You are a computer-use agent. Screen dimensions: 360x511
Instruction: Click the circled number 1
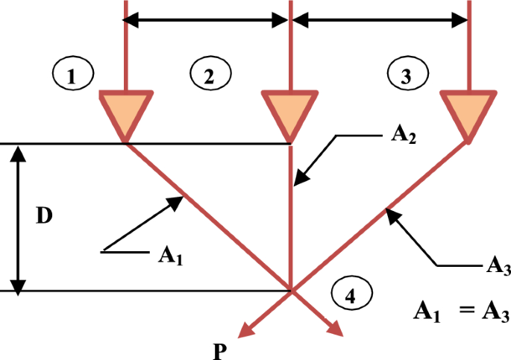(72, 75)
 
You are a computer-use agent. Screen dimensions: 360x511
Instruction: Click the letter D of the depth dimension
(46, 217)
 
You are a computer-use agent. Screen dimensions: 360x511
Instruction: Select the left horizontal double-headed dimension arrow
(207, 22)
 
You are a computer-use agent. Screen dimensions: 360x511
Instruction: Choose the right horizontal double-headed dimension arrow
(378, 22)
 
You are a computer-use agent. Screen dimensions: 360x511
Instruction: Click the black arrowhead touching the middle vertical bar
(299, 178)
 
